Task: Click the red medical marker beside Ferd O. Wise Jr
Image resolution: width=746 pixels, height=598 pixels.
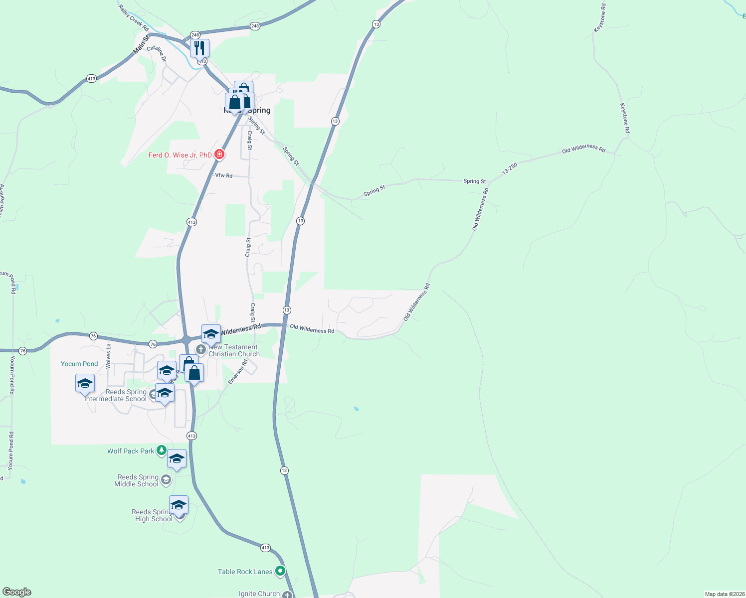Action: tap(219, 154)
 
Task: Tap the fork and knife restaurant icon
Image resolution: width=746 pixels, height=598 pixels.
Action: tap(199, 48)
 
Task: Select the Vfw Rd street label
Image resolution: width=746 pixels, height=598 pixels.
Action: tap(223, 175)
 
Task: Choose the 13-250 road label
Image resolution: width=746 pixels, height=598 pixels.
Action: tap(510, 168)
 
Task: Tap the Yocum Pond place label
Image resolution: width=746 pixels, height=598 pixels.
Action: tap(79, 364)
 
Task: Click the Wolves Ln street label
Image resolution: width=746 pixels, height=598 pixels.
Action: tap(108, 356)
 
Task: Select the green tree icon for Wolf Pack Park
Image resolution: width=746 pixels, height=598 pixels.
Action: tap(161, 450)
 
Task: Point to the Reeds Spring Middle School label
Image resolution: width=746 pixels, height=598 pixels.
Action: tap(137, 480)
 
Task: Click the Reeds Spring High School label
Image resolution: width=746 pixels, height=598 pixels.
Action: tap(152, 515)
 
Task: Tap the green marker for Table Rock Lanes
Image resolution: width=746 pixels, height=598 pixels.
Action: tap(280, 571)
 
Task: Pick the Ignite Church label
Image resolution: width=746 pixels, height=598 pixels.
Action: tap(259, 594)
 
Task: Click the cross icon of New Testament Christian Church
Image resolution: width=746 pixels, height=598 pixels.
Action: tap(200, 349)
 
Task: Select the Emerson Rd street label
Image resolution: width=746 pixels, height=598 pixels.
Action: tap(238, 372)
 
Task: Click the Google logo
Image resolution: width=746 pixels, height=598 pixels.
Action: tap(16, 592)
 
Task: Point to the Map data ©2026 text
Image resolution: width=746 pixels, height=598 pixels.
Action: tap(723, 594)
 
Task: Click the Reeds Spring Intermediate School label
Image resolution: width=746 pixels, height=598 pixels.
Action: tap(116, 395)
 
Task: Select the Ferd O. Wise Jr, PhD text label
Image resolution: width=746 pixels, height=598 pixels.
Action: tap(180, 155)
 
